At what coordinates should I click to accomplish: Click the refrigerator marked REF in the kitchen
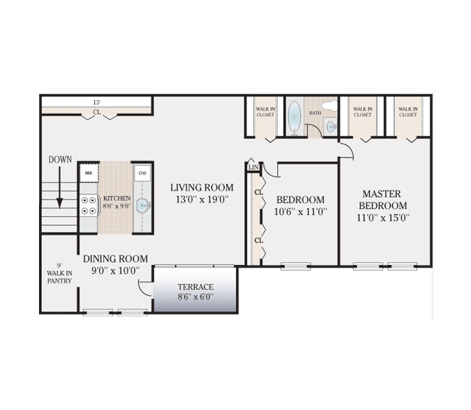point(89,173)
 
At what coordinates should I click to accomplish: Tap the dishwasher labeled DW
point(142,173)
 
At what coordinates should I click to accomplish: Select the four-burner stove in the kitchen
point(89,205)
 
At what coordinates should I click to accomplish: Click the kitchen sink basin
point(142,205)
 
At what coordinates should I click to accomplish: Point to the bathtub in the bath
point(294,116)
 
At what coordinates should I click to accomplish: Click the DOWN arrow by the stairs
point(60,188)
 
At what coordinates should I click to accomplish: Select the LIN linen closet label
point(254,167)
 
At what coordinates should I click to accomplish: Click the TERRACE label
point(196,287)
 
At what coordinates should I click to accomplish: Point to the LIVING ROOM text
point(202,188)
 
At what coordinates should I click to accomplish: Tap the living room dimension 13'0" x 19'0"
point(202,199)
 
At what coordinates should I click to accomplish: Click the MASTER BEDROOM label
point(382,199)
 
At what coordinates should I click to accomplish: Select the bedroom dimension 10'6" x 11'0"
point(300,212)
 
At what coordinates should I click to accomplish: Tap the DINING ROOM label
point(116,258)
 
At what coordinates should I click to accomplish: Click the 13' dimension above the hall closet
point(96,102)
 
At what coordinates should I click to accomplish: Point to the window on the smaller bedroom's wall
point(296,266)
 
